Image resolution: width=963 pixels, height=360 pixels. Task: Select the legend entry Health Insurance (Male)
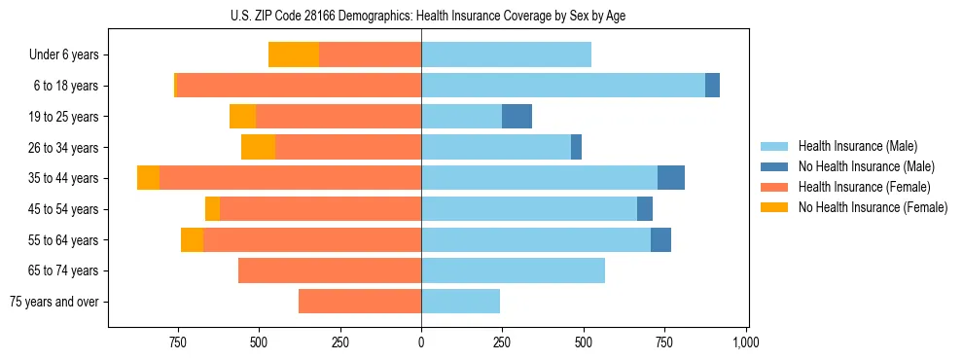pyautogui.click(x=852, y=147)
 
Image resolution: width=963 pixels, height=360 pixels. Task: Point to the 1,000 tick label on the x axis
pyautogui.click(x=746, y=342)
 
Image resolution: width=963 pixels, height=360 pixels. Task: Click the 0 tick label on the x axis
pyautogui.click(x=421, y=342)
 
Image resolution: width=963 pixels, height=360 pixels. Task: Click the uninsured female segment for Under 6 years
pyautogui.click(x=293, y=54)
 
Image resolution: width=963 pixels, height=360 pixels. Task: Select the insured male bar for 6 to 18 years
pyautogui.click(x=563, y=86)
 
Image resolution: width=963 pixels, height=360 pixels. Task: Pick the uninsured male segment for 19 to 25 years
pyautogui.click(x=517, y=117)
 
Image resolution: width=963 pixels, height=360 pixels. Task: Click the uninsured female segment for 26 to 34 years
pyautogui.click(x=258, y=147)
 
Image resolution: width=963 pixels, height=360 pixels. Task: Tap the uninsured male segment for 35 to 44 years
pyautogui.click(x=671, y=178)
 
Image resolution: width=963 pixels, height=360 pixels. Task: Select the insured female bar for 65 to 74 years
pyautogui.click(x=330, y=270)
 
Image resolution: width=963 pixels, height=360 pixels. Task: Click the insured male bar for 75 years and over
pyautogui.click(x=460, y=302)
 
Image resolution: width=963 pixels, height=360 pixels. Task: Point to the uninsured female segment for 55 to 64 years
pyautogui.click(x=192, y=239)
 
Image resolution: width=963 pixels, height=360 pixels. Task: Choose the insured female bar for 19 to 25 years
pyautogui.click(x=339, y=117)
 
